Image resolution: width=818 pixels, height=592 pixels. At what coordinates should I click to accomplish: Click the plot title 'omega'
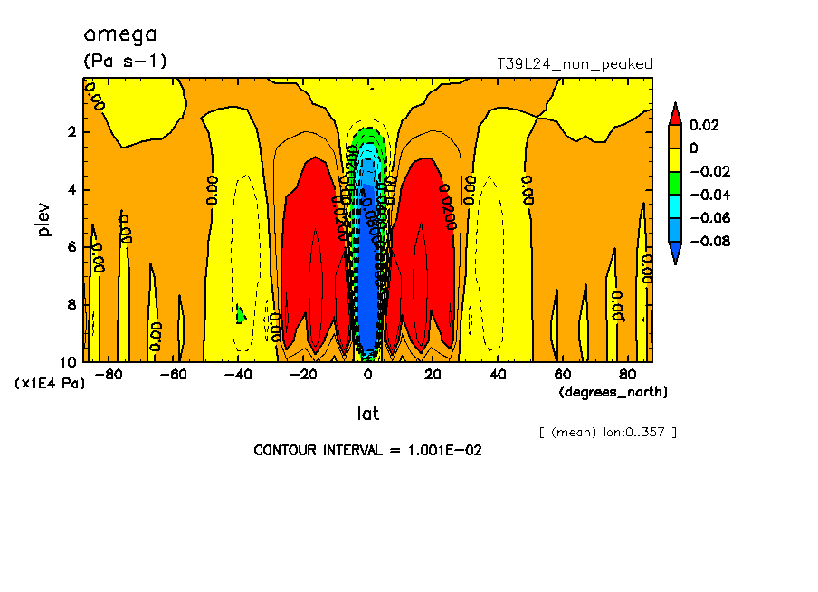point(119,35)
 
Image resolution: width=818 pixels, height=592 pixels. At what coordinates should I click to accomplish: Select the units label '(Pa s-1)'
point(126,62)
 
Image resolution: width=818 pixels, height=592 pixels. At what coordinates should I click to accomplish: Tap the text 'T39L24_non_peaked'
point(575,63)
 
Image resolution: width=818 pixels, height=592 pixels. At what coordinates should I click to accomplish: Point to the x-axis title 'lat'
point(367,414)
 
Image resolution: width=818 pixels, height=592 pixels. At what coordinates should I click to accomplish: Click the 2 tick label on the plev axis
point(71,132)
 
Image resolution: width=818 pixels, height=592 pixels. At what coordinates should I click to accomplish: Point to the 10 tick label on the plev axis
point(69,362)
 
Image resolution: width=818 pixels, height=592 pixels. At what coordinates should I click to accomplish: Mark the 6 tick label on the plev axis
point(71,247)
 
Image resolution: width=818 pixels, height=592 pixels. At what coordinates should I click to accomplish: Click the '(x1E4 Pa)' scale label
point(50,384)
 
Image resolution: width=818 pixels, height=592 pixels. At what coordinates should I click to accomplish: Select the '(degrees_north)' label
point(613,392)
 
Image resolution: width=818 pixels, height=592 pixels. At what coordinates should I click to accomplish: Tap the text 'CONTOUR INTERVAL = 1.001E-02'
point(367,450)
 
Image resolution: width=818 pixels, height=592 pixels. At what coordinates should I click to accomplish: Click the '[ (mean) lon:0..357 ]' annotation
point(608,432)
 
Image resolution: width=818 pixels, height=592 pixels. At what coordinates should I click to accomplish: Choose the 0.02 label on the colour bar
point(704,125)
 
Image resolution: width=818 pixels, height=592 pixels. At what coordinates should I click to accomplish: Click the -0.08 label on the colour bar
point(709,242)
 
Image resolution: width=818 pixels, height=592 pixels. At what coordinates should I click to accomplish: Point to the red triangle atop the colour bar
point(674,114)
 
